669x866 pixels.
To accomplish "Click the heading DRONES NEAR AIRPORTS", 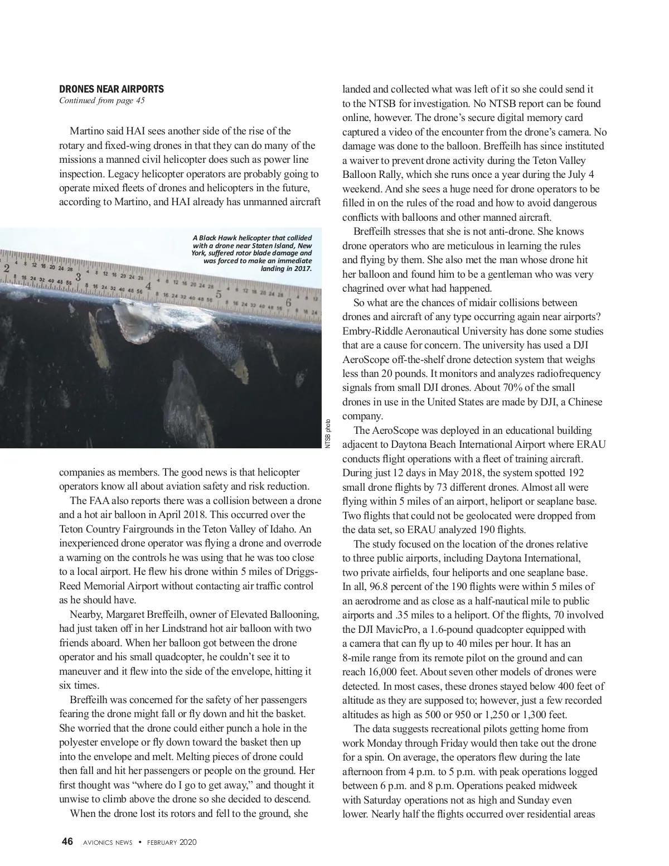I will (x=111, y=89).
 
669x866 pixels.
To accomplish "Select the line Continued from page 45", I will (x=102, y=100).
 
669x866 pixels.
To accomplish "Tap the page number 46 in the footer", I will (x=67, y=842).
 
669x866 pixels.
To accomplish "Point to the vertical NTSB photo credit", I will (x=328, y=433).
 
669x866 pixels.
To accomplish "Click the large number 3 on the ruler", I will (x=79, y=277).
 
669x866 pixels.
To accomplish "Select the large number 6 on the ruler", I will (x=289, y=302).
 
